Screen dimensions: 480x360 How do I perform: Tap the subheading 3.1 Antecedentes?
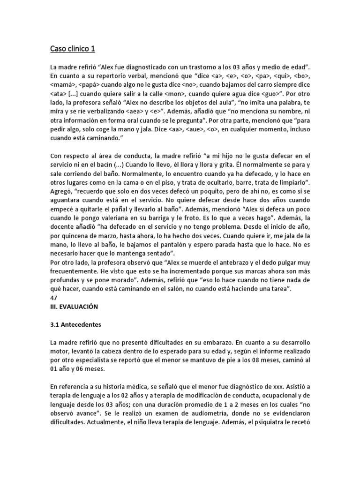pos(75,324)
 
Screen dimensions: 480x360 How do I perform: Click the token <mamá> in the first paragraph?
pos(61,85)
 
